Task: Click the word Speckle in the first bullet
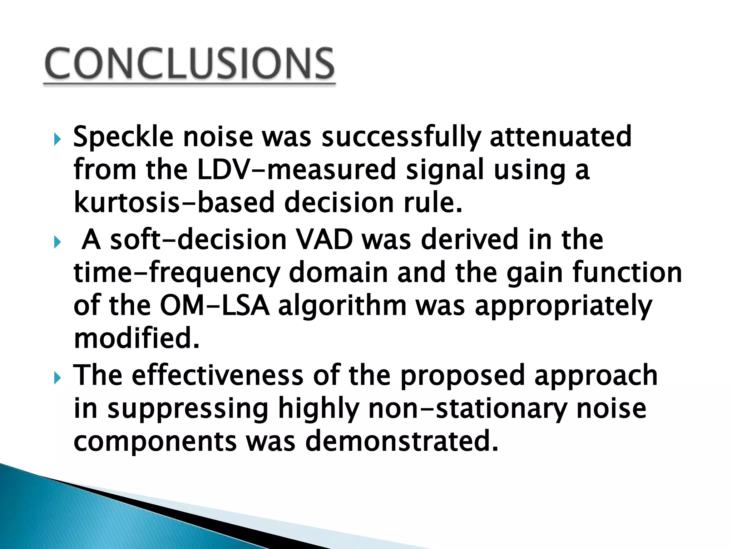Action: pyautogui.click(x=123, y=137)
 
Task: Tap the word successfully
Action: pyautogui.click(x=401, y=137)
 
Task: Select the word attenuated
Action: pyautogui.click(x=560, y=137)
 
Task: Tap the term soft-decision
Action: pyautogui.click(x=198, y=240)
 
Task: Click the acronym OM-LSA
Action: pyautogui.click(x=214, y=306)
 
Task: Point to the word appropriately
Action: pyautogui.click(x=563, y=307)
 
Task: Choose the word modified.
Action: pyautogui.click(x=136, y=339)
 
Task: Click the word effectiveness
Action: pyautogui.click(x=218, y=375)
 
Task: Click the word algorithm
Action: pyautogui.click(x=342, y=307)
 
